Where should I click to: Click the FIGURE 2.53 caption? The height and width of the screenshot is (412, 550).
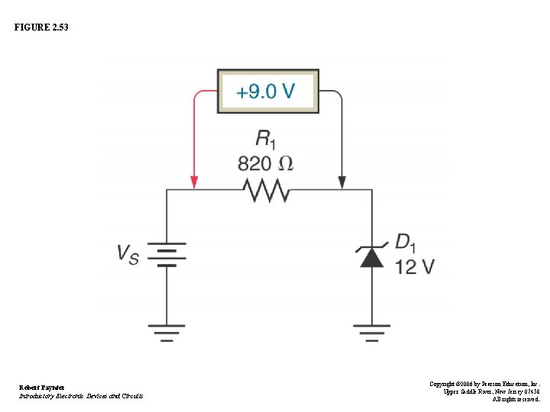point(41,27)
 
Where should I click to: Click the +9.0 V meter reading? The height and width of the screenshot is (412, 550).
point(265,92)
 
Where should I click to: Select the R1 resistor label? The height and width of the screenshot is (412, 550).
point(265,138)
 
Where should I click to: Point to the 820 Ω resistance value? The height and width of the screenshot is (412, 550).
point(265,163)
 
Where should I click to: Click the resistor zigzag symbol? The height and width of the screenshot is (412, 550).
point(266,189)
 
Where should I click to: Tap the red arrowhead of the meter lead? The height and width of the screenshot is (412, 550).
point(194,183)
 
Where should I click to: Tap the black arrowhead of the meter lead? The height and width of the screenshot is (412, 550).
point(341,183)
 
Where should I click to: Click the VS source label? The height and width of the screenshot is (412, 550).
point(128,253)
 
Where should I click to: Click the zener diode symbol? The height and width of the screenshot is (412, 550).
point(371,256)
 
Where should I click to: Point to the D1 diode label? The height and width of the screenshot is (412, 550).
point(406,243)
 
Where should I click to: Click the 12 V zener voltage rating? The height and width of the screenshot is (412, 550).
point(415,266)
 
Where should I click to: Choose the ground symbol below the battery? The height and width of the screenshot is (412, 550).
point(167,332)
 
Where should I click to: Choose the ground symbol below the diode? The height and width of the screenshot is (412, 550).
point(371,332)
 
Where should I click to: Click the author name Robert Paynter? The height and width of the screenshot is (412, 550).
point(42,388)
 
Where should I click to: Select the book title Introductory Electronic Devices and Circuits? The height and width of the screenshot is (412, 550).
point(81,396)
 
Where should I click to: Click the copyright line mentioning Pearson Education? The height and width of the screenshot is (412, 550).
point(484,384)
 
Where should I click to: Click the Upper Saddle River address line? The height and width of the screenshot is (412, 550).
point(492,391)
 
